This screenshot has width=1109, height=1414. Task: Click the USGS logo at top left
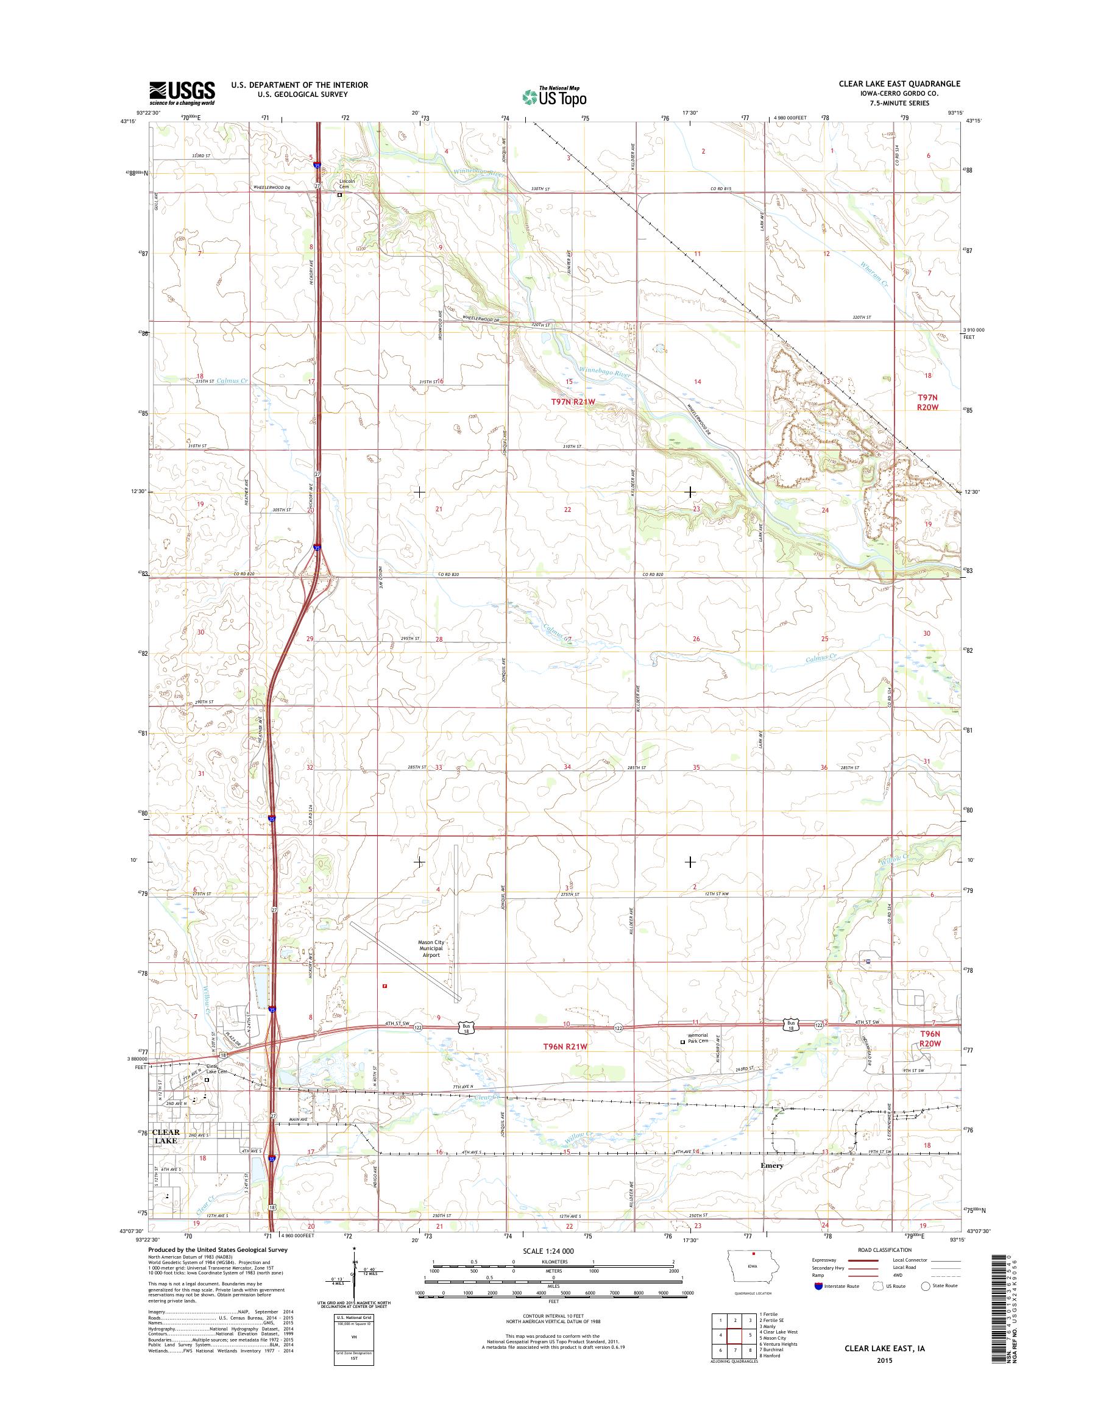182,93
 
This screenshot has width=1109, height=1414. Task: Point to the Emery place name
771,1183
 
